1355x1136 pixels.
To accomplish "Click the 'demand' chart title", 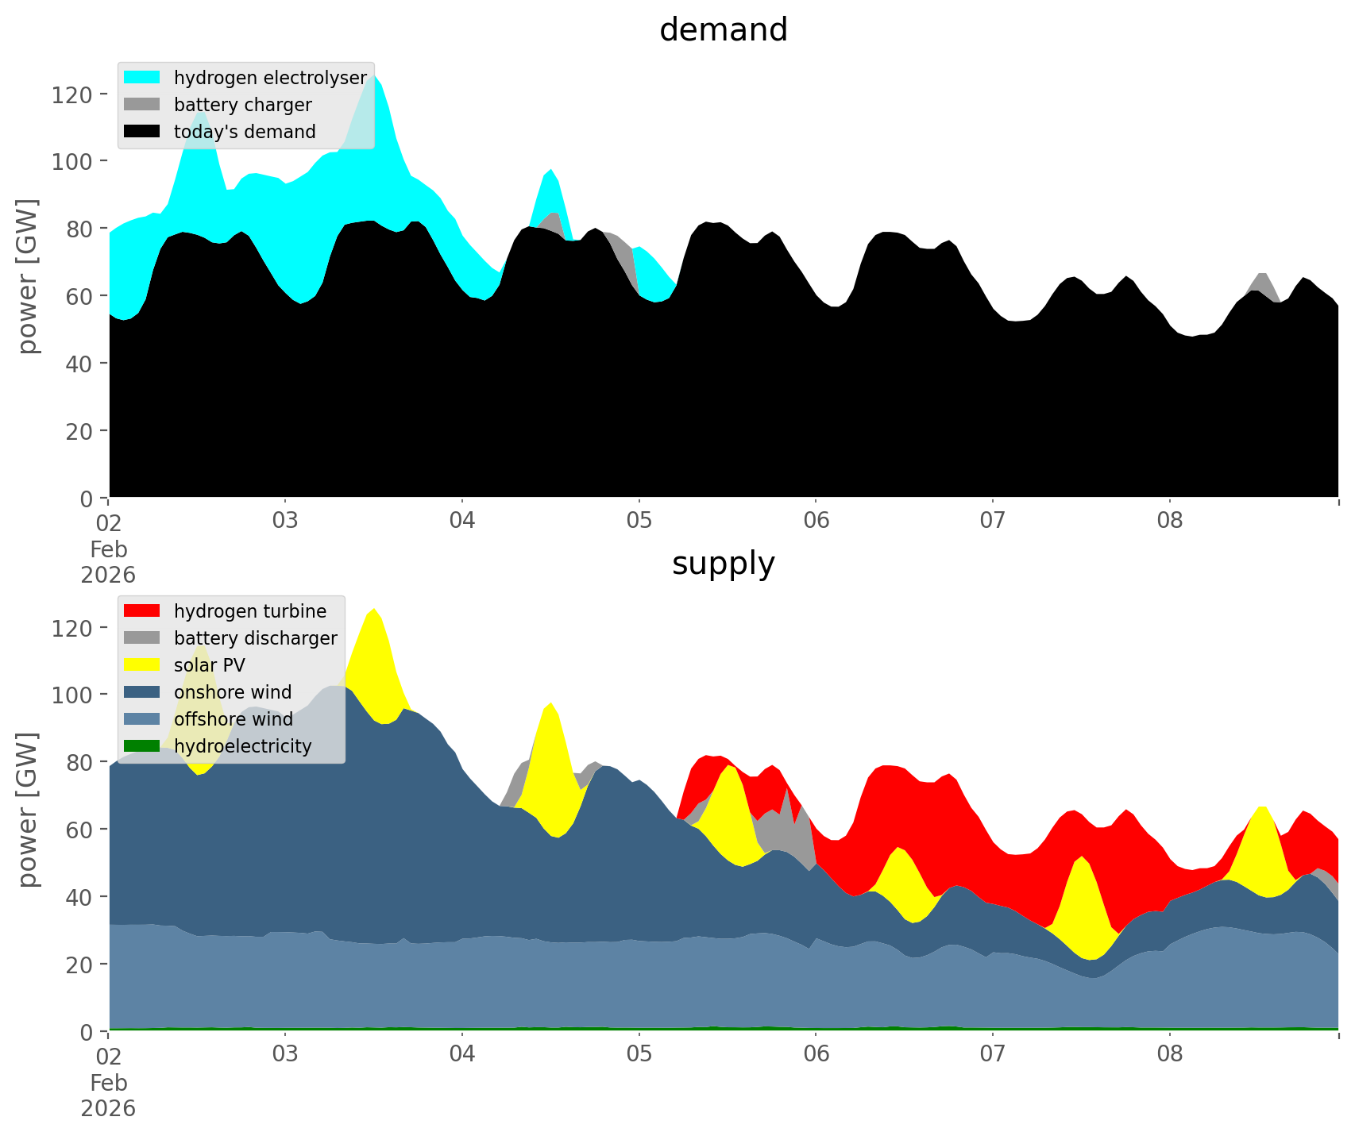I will click(723, 30).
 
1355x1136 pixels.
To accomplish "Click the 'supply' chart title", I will click(723, 564).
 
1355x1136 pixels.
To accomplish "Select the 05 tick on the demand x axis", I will click(639, 522).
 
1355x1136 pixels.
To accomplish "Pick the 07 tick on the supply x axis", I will click(992, 1055).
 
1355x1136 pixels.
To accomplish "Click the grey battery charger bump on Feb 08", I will click(1262, 280).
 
